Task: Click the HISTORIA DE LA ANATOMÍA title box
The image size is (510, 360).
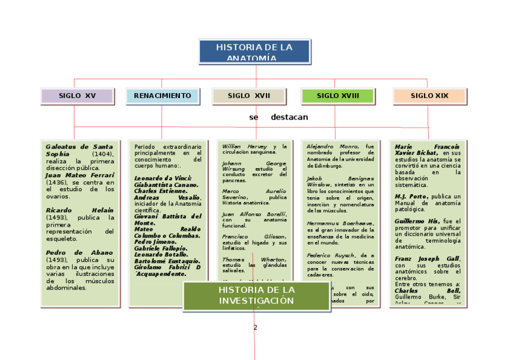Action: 254,52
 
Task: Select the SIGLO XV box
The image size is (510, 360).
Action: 77,96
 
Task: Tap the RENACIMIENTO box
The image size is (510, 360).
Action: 162,96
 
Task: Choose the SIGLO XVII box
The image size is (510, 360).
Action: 248,96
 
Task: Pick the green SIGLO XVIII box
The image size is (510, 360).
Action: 337,96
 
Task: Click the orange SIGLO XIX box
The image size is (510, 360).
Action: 429,96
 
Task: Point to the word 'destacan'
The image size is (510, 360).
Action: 289,117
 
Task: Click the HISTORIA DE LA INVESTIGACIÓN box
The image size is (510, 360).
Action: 257,296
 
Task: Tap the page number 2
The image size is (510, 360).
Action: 255,328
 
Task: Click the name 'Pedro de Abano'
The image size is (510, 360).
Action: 79,252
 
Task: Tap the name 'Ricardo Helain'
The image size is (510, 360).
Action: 79,210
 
